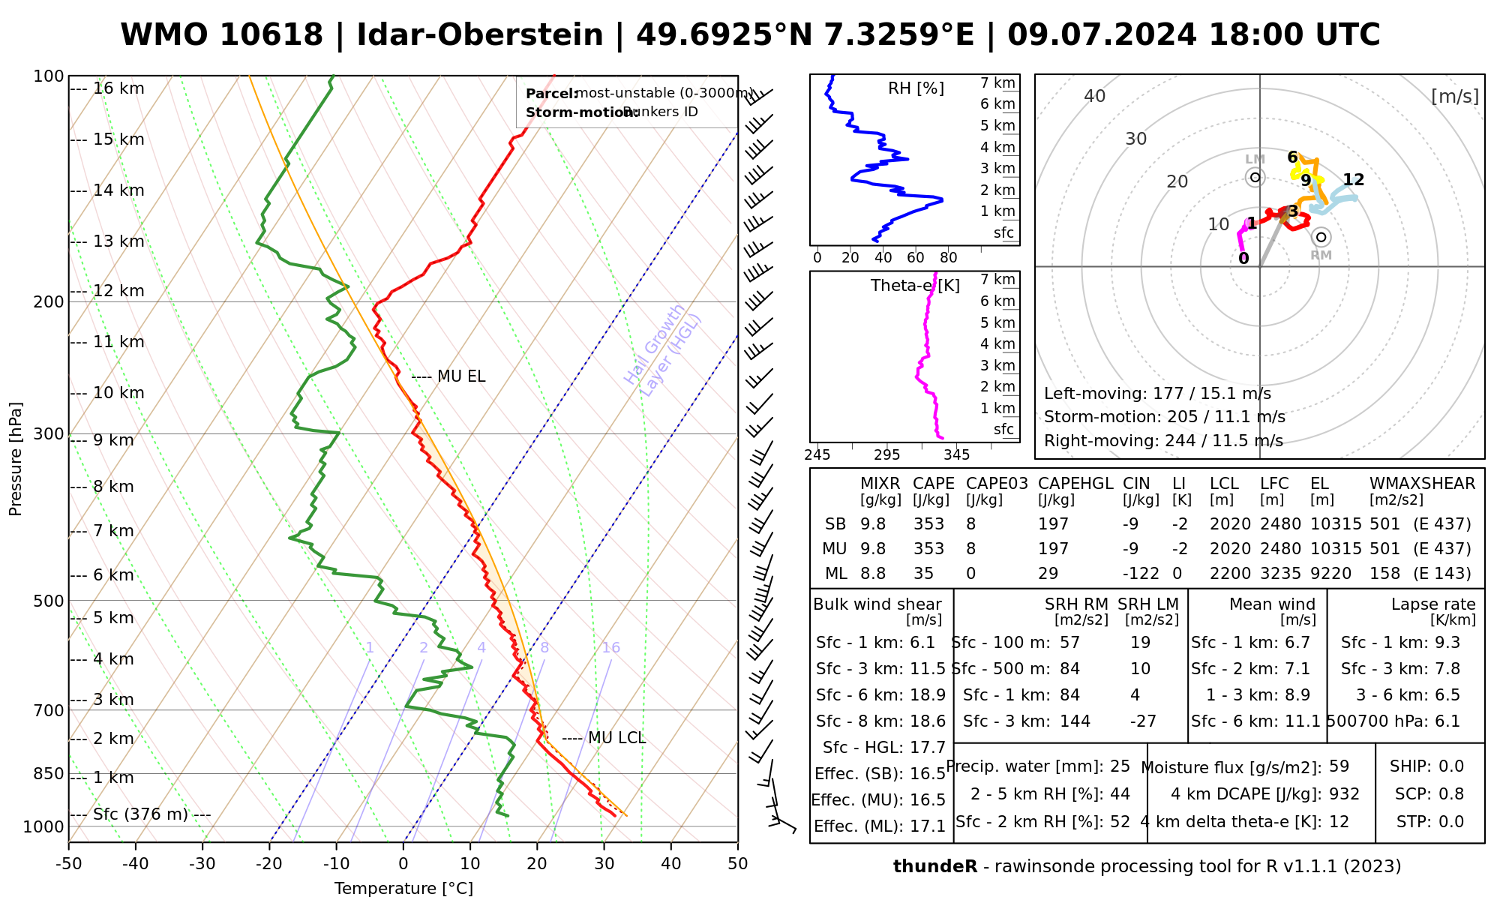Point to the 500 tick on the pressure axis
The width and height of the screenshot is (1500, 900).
(49, 601)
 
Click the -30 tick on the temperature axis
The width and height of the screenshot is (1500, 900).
(202, 864)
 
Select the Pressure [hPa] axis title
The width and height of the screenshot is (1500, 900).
(16, 459)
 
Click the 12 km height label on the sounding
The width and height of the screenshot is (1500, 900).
(118, 291)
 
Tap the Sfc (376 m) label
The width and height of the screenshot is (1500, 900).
(140, 814)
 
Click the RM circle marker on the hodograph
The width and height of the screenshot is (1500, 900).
(1321, 237)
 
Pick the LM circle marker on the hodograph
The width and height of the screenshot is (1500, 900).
(1255, 178)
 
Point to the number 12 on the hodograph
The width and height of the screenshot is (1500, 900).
(1353, 180)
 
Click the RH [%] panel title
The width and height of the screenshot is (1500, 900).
(916, 88)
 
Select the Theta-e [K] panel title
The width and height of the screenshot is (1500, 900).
(915, 286)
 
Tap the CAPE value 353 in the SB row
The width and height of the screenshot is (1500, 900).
(928, 524)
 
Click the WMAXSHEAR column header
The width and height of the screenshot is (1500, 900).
(1422, 484)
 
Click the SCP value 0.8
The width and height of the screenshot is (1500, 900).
(1450, 794)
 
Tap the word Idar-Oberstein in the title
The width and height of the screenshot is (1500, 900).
(479, 35)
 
